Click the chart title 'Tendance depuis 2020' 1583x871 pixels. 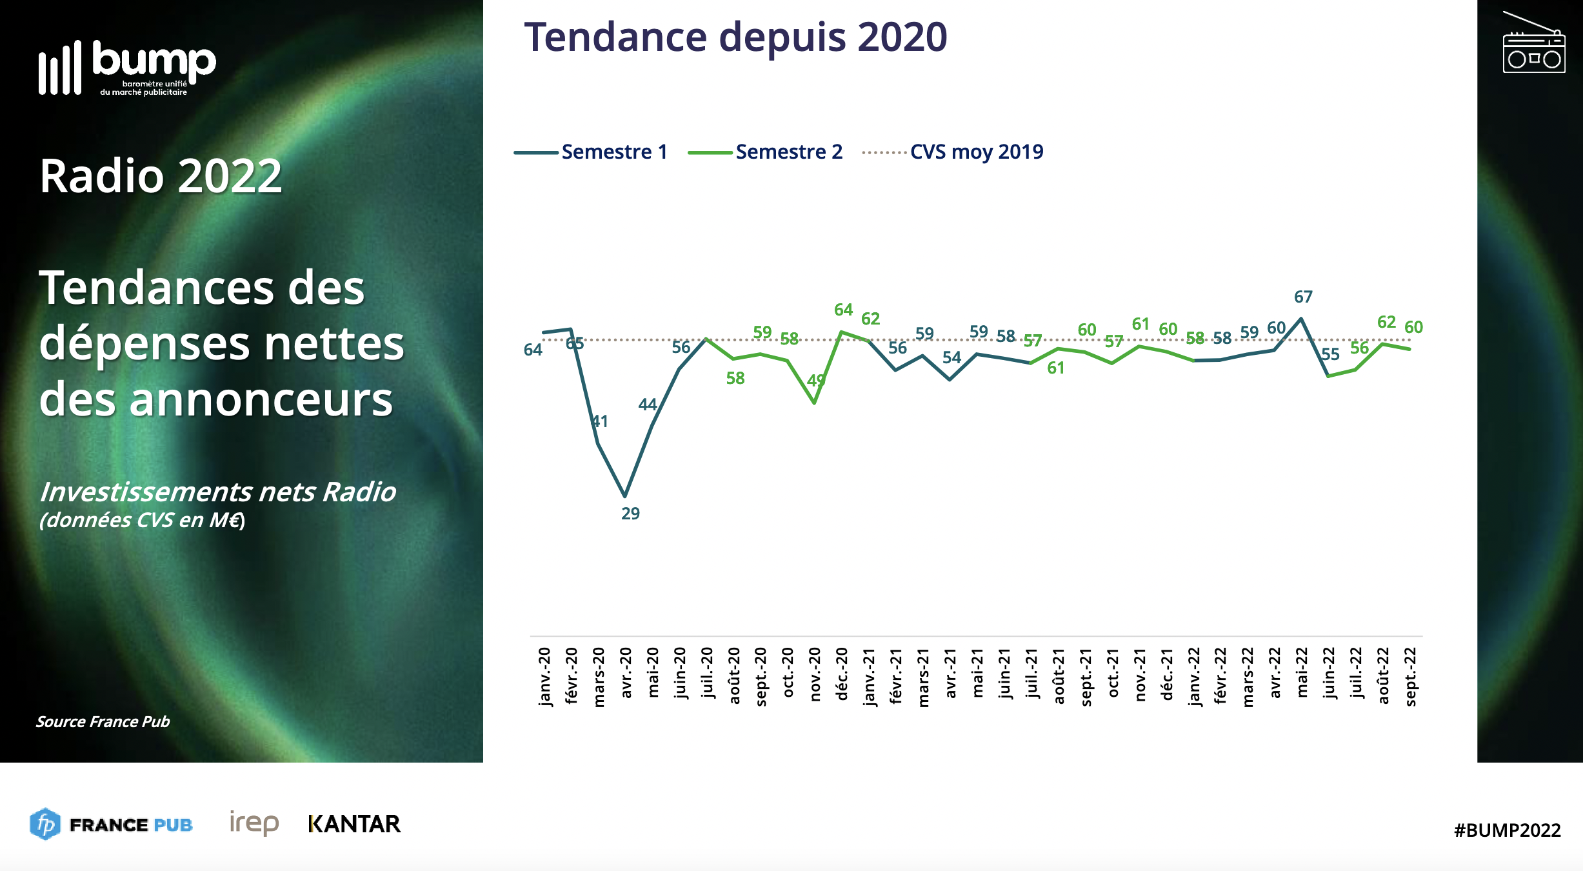(x=735, y=37)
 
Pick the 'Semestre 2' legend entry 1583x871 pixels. (x=788, y=152)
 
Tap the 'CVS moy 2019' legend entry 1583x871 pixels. (x=976, y=152)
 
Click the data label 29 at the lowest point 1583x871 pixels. (x=630, y=514)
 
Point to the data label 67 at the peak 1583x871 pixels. (x=1303, y=297)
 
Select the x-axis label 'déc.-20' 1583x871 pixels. (x=842, y=674)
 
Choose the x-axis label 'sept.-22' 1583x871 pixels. (x=1411, y=676)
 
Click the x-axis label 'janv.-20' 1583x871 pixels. (x=544, y=676)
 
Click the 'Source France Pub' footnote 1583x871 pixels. (x=103, y=721)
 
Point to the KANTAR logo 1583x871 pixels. (x=354, y=824)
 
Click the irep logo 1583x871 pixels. (x=254, y=823)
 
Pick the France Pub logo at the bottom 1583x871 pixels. (x=111, y=824)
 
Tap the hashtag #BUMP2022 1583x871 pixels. (x=1507, y=830)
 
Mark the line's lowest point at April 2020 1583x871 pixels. (x=624, y=496)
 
